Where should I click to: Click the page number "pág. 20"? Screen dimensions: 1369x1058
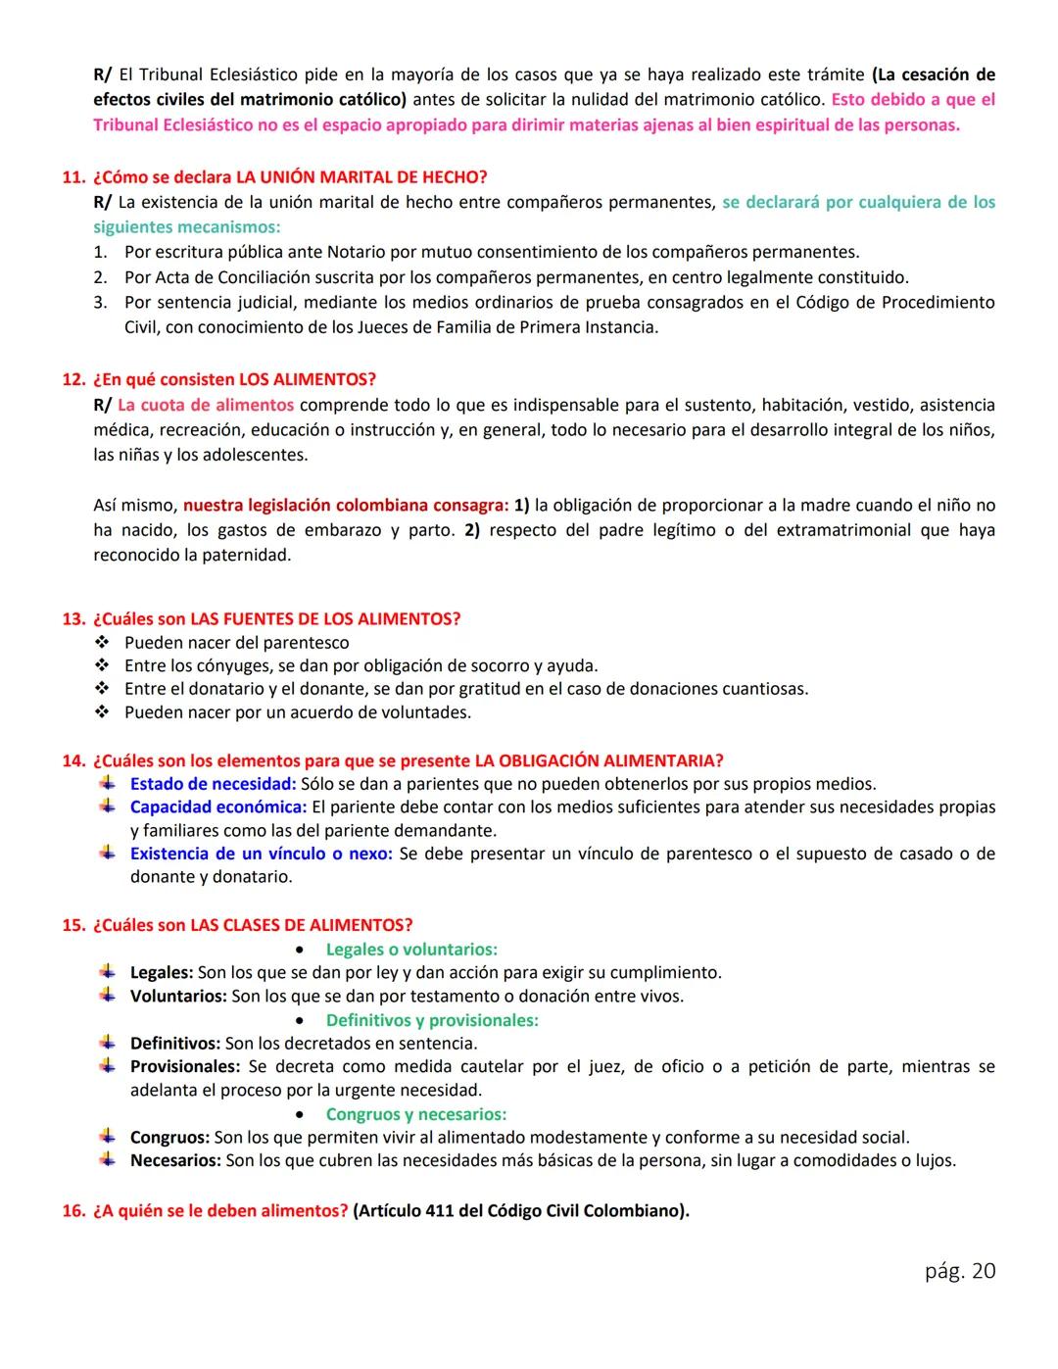pyautogui.click(x=959, y=1271)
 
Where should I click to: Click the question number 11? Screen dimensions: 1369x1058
pyautogui.click(x=72, y=177)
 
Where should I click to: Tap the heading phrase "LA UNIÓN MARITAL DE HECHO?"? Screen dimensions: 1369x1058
pyautogui.click(x=361, y=177)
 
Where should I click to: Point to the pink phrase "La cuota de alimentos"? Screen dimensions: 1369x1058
pyautogui.click(x=205, y=405)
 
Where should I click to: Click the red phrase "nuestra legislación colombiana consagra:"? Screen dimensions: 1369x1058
pyautogui.click(x=346, y=506)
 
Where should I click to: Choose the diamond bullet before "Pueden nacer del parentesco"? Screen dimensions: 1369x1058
pyautogui.click(x=101, y=643)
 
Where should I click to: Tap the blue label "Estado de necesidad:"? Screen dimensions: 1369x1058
pyautogui.click(x=213, y=784)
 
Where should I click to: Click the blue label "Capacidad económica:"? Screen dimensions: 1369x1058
pyautogui.click(x=218, y=807)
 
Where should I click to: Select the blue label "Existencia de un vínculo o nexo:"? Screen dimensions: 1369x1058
pyautogui.click(x=261, y=854)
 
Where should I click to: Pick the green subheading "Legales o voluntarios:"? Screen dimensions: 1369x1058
pyautogui.click(x=411, y=950)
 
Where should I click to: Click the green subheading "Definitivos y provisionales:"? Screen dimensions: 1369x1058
pyautogui.click(x=432, y=1020)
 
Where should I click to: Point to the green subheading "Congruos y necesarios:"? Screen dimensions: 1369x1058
pyautogui.click(x=415, y=1114)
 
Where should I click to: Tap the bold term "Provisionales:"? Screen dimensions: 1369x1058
pyautogui.click(x=184, y=1066)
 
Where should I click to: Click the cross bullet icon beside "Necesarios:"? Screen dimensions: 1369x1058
pyautogui.click(x=107, y=1160)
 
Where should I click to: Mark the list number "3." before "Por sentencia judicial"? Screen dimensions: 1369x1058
pyautogui.click(x=101, y=303)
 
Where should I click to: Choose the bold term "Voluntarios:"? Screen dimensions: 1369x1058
pyautogui.click(x=178, y=997)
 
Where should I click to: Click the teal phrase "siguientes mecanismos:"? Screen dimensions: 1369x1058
pyautogui.click(x=186, y=227)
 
